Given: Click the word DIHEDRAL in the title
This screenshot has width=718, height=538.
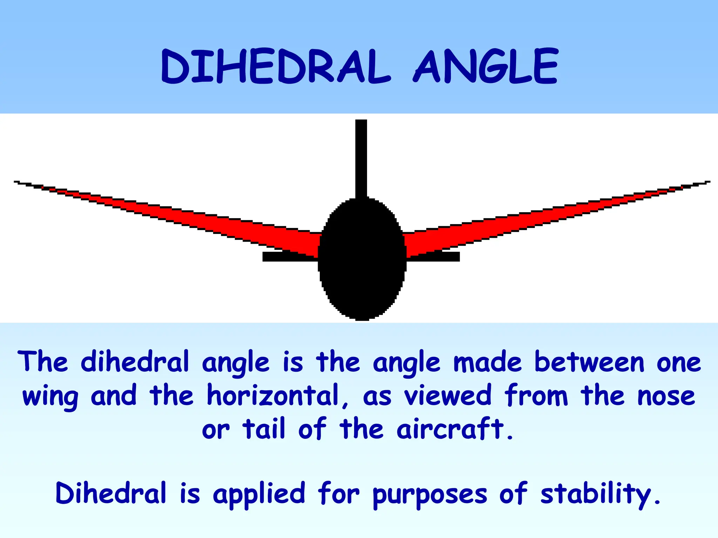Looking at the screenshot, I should coord(276,67).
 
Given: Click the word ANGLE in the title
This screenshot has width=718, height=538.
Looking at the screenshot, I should coord(486,67).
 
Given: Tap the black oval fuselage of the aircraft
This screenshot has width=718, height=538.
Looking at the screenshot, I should coord(362,259).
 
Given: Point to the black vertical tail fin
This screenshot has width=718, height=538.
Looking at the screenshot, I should coord(361,158).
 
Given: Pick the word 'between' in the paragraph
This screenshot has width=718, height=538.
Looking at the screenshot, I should coord(589,363).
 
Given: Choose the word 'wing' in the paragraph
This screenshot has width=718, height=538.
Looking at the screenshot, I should coord(50,397).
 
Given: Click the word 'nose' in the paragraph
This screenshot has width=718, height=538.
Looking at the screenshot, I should coord(666,397).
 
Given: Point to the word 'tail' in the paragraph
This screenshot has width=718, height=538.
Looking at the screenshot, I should coord(264,429).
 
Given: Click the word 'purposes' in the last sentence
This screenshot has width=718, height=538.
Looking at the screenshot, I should coord(430,495).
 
